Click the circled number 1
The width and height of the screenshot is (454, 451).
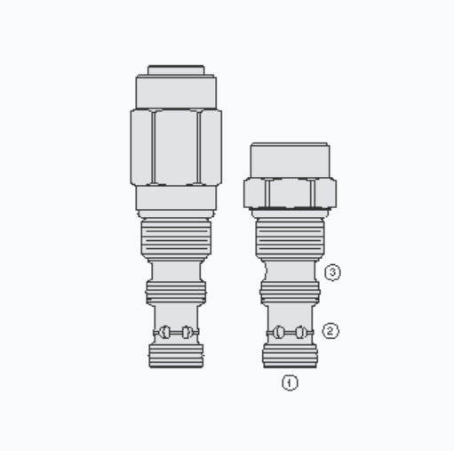290,383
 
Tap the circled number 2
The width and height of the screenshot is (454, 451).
331,331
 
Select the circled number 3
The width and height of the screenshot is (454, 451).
332,273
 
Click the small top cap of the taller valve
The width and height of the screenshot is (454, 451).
176,69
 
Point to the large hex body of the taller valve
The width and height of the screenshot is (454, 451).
176,147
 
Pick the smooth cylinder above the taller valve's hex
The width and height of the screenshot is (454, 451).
176,92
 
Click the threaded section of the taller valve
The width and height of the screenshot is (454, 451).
176,238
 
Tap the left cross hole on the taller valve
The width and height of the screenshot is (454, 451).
164,332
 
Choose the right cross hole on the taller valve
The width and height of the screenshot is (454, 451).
187,332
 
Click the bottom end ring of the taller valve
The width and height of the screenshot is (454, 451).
176,356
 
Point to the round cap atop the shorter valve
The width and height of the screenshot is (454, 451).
290,160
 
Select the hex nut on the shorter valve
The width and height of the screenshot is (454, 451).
290,192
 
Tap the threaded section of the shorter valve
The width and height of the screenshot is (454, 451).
290,238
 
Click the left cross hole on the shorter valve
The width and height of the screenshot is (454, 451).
279,332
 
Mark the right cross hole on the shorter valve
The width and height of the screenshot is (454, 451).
301,332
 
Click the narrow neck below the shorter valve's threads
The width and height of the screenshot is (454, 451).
290,268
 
